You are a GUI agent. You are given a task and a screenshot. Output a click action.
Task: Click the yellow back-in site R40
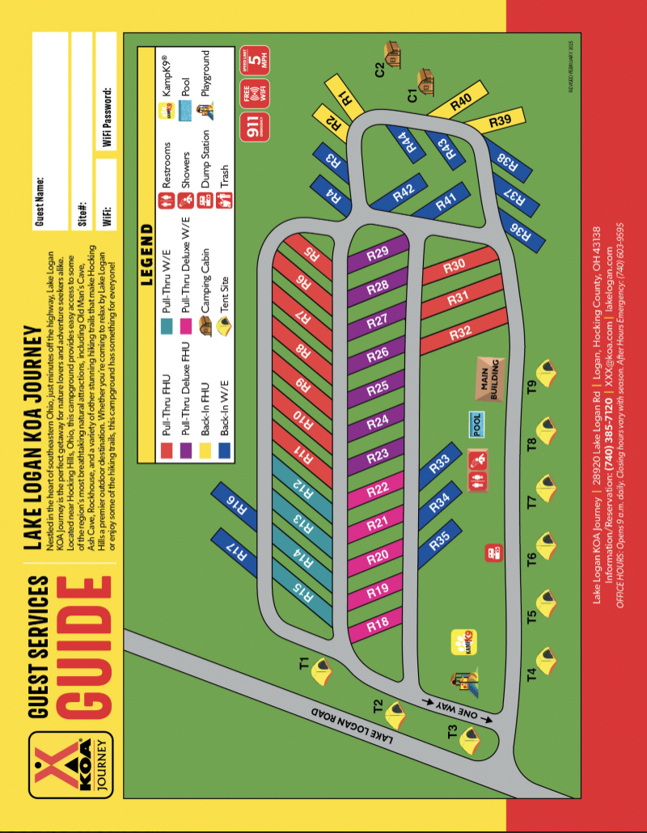(459, 103)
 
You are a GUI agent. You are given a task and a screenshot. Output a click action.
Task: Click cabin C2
(393, 53)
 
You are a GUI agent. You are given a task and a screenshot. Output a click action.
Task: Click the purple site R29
(378, 253)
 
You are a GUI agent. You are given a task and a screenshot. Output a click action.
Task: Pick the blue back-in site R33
(441, 464)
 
